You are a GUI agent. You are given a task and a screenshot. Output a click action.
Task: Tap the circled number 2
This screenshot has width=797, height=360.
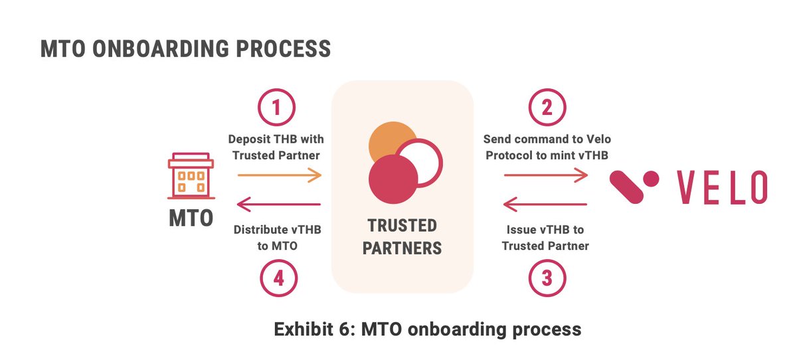(x=547, y=108)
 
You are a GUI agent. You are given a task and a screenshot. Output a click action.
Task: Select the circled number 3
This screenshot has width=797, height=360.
(x=547, y=278)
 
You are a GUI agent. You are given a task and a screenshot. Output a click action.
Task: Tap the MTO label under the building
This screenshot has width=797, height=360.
(x=191, y=218)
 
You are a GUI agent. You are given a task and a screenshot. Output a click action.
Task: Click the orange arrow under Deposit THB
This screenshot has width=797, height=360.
(x=279, y=175)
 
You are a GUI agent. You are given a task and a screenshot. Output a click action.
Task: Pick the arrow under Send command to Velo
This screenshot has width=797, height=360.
(x=546, y=175)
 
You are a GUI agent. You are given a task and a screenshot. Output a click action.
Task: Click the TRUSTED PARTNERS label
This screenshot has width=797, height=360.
(x=403, y=236)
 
